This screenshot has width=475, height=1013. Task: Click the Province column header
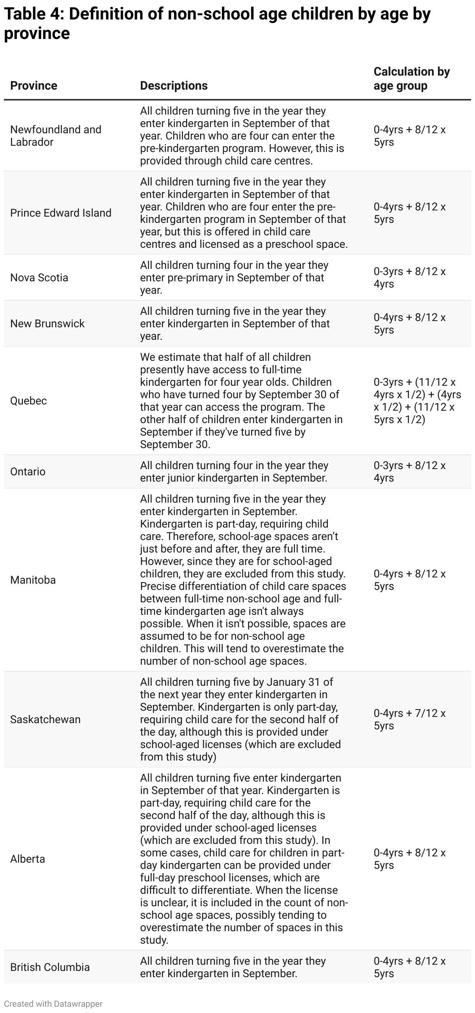tap(34, 85)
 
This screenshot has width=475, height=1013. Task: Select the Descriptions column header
tap(174, 85)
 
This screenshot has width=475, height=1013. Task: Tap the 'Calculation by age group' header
tap(412, 79)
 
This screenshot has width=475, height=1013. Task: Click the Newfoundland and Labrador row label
tap(55, 136)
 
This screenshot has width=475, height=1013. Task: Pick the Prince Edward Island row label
tap(61, 213)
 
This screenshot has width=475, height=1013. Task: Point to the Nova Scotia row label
tap(39, 278)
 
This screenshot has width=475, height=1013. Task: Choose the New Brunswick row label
tap(47, 324)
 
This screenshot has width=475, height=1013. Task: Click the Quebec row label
tap(29, 401)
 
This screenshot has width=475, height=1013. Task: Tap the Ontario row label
tap(28, 471)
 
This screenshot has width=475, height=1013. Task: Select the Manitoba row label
tap(33, 580)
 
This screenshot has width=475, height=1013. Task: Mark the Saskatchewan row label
tap(45, 719)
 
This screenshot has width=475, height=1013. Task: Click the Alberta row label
tap(28, 859)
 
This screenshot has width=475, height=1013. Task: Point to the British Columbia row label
tap(50, 967)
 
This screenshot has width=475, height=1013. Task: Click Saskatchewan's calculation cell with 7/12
tap(409, 719)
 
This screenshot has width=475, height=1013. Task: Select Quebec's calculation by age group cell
tap(417, 401)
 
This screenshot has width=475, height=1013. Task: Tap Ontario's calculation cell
tap(409, 471)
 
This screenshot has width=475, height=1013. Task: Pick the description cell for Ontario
tap(234, 471)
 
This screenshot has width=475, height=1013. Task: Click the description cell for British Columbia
tap(233, 967)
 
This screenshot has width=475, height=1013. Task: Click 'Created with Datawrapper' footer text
tap(53, 1004)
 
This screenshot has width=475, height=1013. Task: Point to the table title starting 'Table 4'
tap(217, 24)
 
